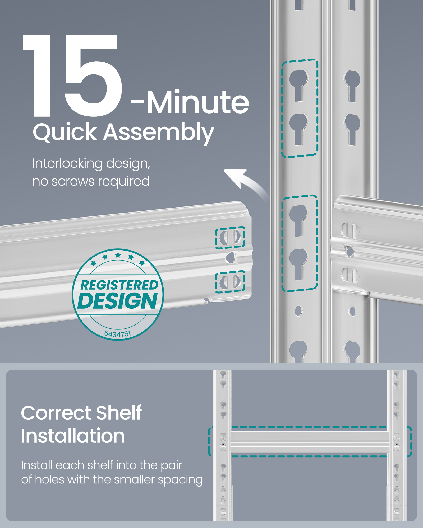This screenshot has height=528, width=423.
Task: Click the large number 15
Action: [73, 77]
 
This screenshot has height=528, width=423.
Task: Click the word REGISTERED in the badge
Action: [119, 285]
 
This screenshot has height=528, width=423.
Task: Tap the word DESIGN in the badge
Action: [118, 301]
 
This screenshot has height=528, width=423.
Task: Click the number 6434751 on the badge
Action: [118, 334]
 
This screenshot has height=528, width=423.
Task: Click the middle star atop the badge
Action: [118, 255]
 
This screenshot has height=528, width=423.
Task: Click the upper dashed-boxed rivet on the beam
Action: [230, 237]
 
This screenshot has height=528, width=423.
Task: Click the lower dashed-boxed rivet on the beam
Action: [230, 282]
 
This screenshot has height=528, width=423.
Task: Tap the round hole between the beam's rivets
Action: [231, 258]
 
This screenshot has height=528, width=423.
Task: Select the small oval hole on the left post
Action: [298, 311]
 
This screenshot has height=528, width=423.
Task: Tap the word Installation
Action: [73, 436]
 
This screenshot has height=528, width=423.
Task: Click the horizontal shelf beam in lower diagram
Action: [309, 442]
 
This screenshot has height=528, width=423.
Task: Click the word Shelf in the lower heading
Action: [119, 413]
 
